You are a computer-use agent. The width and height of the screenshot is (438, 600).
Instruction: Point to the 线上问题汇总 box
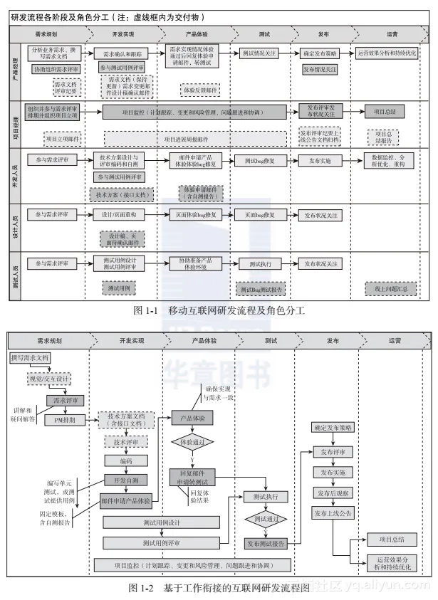tap(391, 289)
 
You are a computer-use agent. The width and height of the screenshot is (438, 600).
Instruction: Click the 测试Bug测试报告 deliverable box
tap(261, 290)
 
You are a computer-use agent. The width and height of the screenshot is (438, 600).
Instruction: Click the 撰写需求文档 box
tap(30, 358)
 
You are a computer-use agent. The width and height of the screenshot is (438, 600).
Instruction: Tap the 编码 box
tap(126, 460)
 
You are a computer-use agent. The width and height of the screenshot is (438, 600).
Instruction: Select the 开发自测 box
tap(126, 479)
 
